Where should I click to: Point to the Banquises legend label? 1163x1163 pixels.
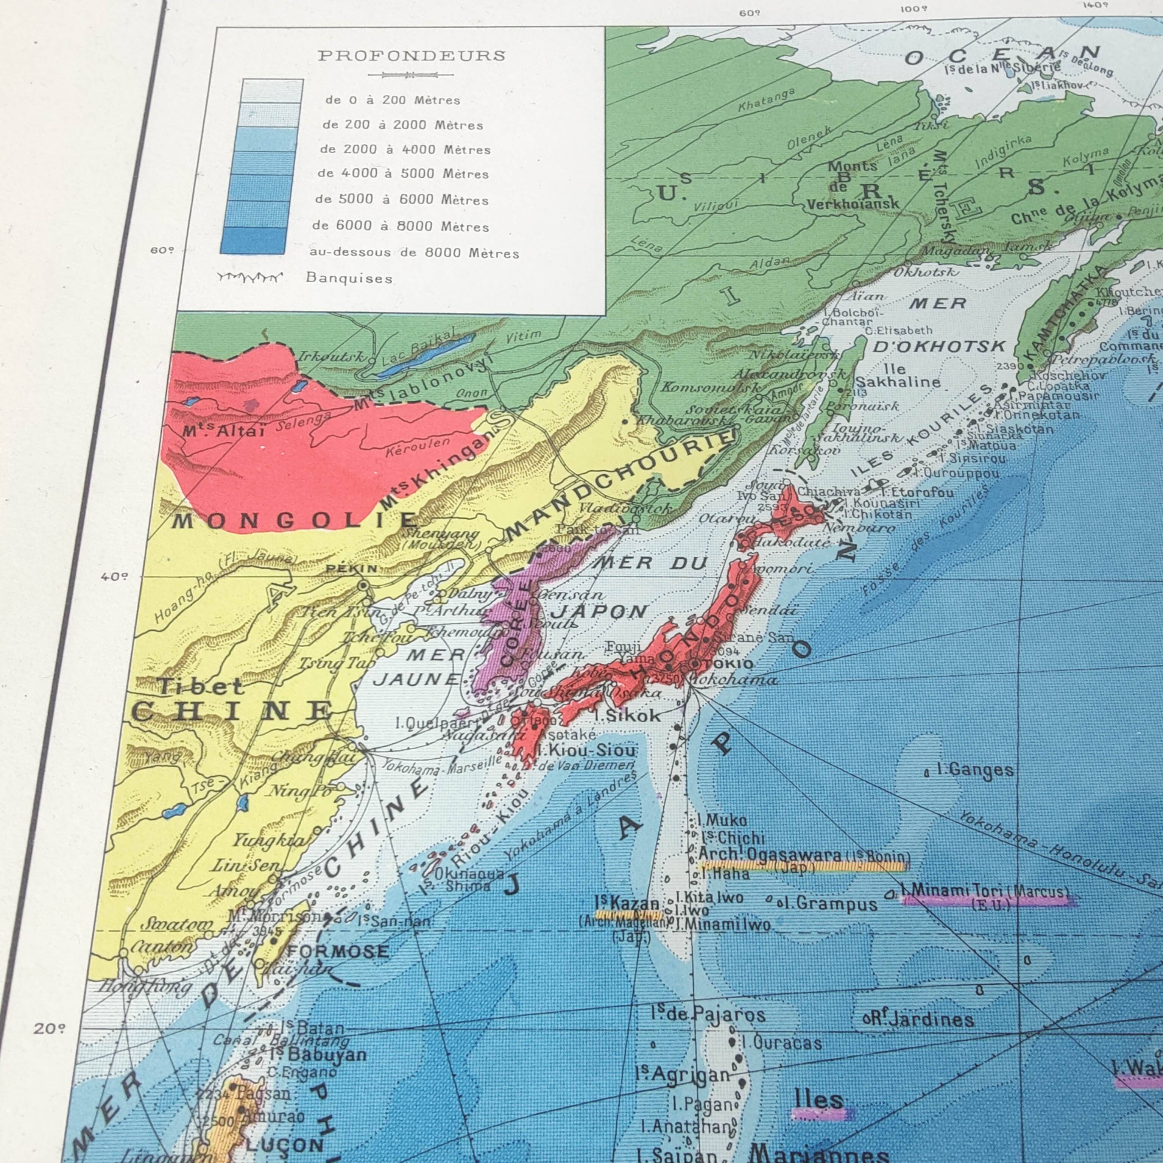click(x=349, y=278)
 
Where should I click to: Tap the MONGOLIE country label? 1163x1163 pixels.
click(x=295, y=520)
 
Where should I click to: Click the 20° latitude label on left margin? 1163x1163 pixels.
click(x=49, y=1028)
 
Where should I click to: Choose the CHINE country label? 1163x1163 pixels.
click(x=232, y=712)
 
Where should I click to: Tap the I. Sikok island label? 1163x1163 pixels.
click(x=627, y=716)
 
